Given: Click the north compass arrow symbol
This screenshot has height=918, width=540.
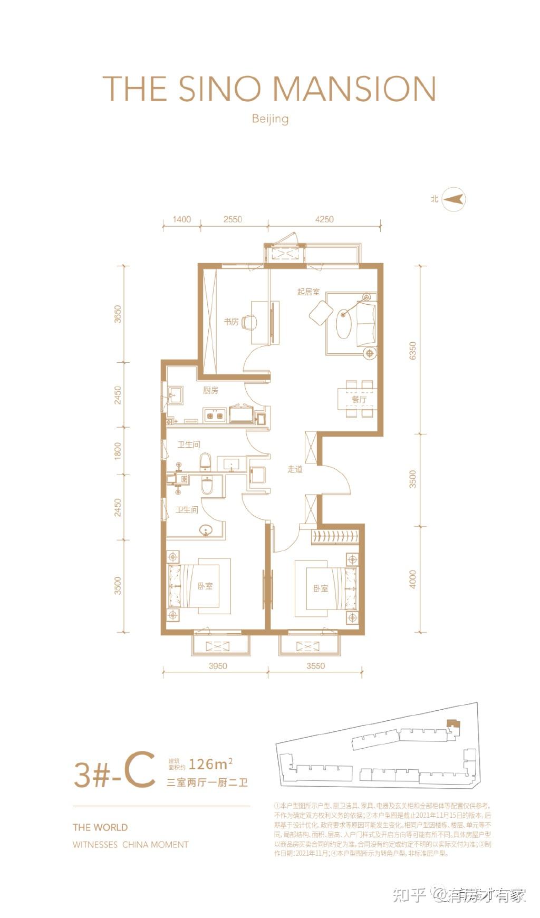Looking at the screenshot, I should [x=454, y=199].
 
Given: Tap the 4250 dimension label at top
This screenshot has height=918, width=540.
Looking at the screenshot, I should [x=324, y=219].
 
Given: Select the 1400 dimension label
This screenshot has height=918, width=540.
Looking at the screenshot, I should [x=181, y=219].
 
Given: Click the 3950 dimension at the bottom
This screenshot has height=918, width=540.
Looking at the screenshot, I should [x=217, y=666].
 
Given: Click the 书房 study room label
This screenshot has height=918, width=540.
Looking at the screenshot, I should [x=231, y=322].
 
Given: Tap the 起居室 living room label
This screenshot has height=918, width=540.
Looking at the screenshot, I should [x=308, y=292].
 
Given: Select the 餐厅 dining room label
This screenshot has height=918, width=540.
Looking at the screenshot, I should [x=359, y=400].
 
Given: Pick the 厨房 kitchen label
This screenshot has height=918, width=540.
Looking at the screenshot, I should [x=210, y=391].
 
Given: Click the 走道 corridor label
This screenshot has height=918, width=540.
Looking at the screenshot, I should [x=295, y=469].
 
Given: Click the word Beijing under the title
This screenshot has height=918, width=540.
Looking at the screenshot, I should [x=270, y=118].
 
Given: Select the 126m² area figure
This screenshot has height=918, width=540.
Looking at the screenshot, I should [x=210, y=763].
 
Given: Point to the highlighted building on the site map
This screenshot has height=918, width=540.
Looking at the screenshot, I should [x=452, y=724].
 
